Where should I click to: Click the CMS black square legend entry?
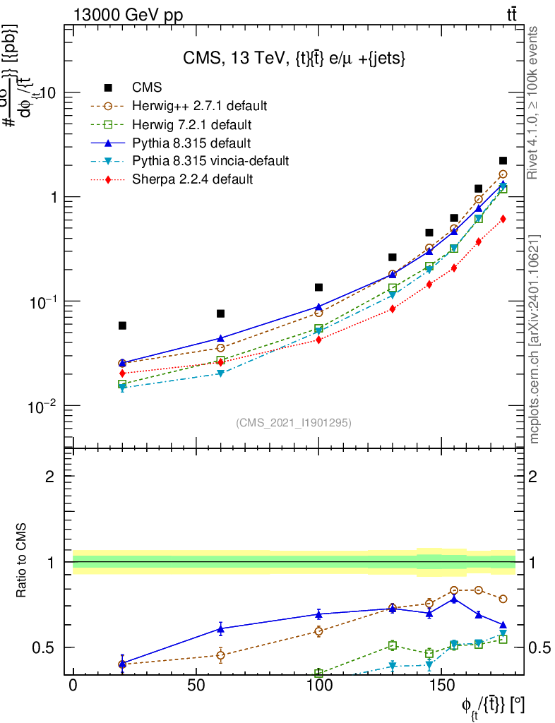[x=147, y=88]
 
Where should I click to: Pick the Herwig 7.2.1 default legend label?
[x=192, y=125]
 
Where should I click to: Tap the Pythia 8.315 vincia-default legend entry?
[x=210, y=161]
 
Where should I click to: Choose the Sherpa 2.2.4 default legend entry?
[x=192, y=179]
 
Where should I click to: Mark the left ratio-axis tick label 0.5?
[x=44, y=647]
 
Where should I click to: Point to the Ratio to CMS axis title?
[x=22, y=563]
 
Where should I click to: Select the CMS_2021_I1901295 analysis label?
[x=294, y=422]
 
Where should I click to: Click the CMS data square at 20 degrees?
[x=122, y=325]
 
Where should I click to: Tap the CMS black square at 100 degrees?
[x=319, y=287]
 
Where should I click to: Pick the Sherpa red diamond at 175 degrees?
[x=503, y=219]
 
